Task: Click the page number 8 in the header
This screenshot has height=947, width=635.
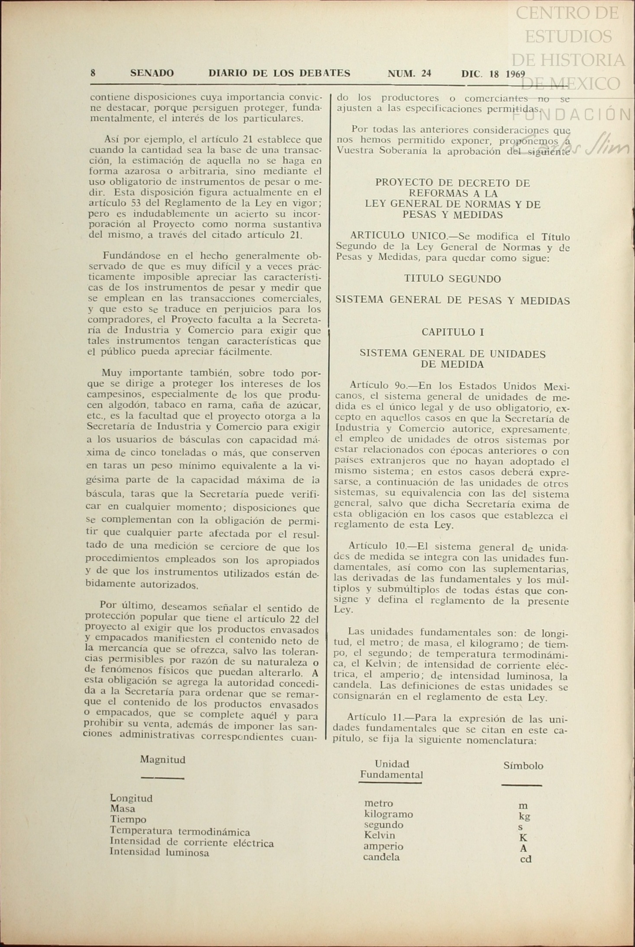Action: (x=93, y=73)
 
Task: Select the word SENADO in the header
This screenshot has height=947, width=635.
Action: (x=152, y=73)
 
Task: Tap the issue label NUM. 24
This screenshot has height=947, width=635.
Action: (x=409, y=73)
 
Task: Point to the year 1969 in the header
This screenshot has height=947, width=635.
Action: (x=515, y=74)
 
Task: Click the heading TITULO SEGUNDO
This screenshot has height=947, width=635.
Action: (x=452, y=279)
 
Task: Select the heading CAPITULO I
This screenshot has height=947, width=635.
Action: (x=453, y=332)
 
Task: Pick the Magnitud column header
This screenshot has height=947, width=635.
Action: (x=163, y=759)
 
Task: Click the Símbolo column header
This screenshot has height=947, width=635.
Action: (x=523, y=765)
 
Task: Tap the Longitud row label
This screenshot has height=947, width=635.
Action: (x=131, y=798)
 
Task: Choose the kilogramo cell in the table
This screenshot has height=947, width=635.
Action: (x=388, y=814)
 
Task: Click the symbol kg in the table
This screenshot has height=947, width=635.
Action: (x=524, y=817)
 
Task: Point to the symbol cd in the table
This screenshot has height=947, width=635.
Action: (x=525, y=859)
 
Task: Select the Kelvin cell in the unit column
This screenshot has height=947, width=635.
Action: (x=379, y=835)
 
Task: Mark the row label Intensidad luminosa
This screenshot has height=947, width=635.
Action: (x=159, y=853)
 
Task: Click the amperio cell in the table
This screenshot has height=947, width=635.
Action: (x=383, y=846)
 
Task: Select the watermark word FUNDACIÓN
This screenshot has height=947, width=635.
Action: (x=572, y=114)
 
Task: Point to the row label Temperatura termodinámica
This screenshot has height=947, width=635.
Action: (x=180, y=831)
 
